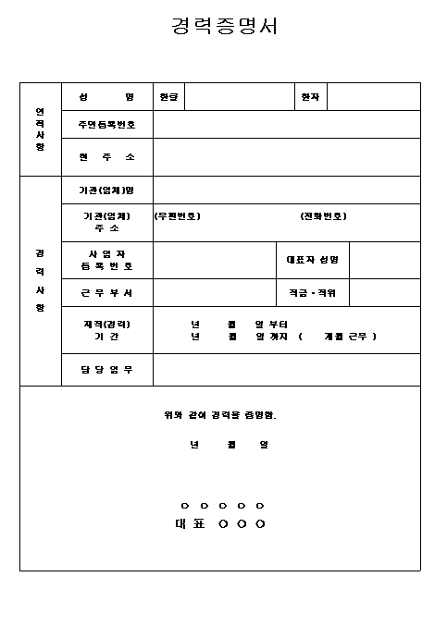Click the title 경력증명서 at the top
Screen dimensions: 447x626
click(x=224, y=26)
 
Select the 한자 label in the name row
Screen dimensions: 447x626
click(x=310, y=97)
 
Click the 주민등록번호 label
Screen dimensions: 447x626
click(x=106, y=125)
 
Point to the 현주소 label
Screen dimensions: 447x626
click(x=106, y=157)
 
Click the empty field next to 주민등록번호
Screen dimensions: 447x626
click(x=286, y=125)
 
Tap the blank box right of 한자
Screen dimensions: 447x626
click(x=374, y=97)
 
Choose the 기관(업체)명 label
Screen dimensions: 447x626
click(x=106, y=190)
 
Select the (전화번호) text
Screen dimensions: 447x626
click(x=324, y=216)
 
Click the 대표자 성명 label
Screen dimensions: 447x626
click(x=313, y=260)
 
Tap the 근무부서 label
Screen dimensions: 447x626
click(x=106, y=292)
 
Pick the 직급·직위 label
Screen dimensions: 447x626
click(x=313, y=292)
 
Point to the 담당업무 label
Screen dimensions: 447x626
click(x=106, y=370)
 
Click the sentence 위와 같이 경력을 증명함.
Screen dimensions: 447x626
click(x=220, y=414)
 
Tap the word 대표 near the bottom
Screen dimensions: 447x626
click(x=190, y=524)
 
